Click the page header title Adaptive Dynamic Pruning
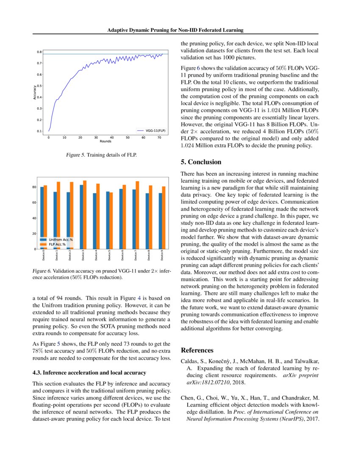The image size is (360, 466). click(x=175, y=30)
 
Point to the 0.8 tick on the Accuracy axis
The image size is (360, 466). click(x=39, y=52)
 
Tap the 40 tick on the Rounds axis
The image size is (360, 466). click(x=112, y=138)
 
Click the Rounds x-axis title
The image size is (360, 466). click(x=105, y=141)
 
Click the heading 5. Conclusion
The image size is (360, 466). click(x=201, y=162)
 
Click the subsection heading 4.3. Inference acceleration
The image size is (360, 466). click(x=89, y=373)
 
